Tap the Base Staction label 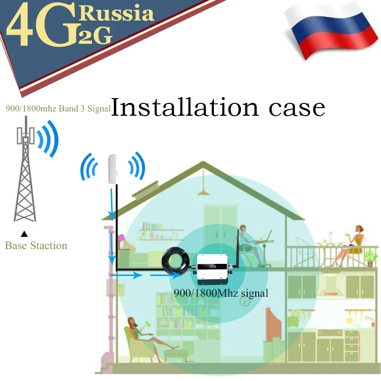pyautogui.click(x=36, y=246)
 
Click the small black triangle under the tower pyautogui.click(x=24, y=234)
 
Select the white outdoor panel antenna pyautogui.click(x=112, y=169)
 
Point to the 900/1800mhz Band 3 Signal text pyautogui.click(x=58, y=109)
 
